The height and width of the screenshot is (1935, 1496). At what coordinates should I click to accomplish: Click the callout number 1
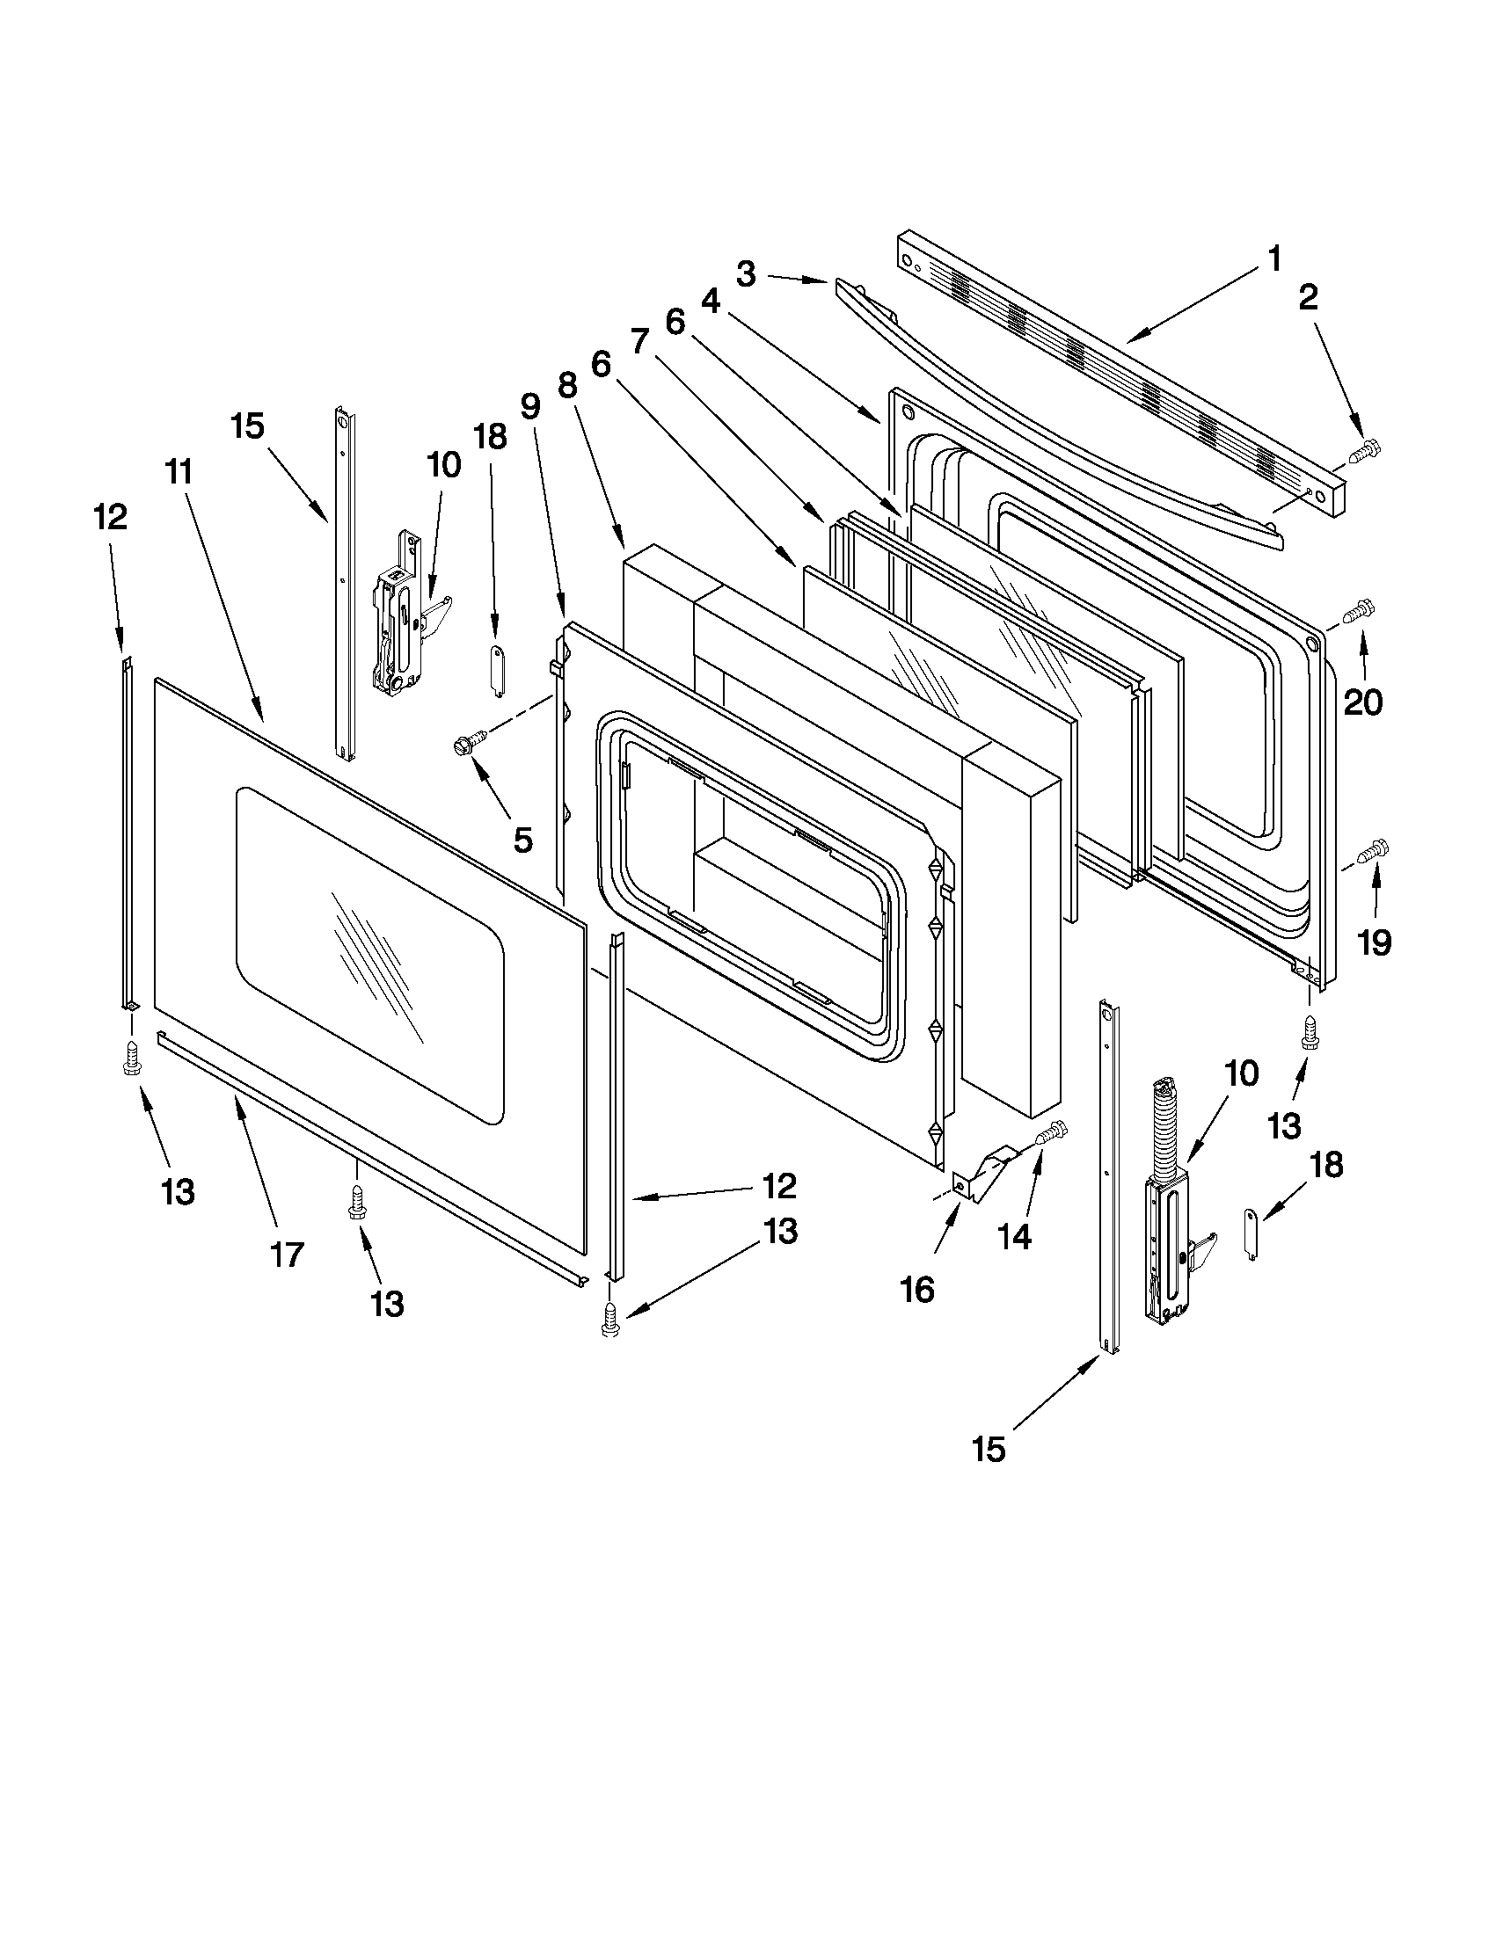(1273, 259)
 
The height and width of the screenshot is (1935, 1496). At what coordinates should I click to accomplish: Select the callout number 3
(746, 274)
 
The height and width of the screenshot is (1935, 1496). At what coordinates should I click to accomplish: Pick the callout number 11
(179, 472)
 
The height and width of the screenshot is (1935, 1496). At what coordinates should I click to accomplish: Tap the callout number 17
(287, 1254)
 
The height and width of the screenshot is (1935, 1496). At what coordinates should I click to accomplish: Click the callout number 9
(529, 406)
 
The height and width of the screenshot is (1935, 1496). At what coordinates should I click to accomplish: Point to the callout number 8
(567, 384)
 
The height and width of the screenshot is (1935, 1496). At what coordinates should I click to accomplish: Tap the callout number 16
(918, 1291)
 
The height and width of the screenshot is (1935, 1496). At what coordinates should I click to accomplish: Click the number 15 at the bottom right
(989, 1450)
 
